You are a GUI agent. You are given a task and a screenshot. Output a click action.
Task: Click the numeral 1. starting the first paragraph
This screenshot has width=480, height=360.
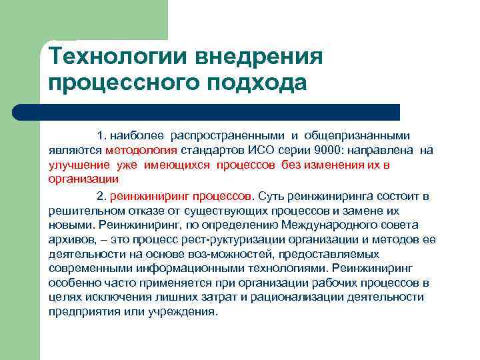pos(101,136)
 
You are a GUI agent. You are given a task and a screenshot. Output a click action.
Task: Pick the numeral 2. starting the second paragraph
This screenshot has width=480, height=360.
pos(101,196)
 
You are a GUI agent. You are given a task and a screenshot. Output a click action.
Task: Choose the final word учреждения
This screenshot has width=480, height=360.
pos(185,311)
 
